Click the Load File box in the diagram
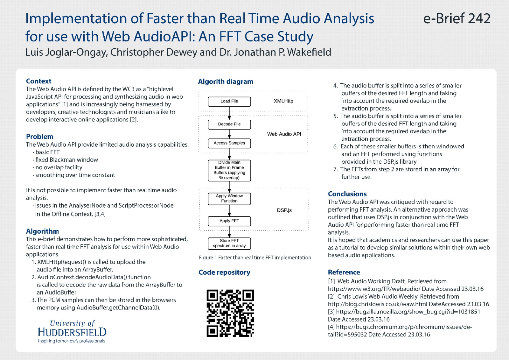[229, 102]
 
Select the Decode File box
[229, 124]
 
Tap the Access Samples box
[229, 143]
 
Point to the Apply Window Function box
[229, 199]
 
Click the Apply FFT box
[229, 221]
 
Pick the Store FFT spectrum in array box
[229, 243]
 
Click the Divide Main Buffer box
[229, 170]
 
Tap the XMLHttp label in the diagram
[283, 101]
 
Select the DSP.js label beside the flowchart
[284, 210]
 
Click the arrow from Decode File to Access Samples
[229, 134]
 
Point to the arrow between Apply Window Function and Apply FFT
[229, 210]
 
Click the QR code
[230, 313]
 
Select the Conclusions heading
[347, 194]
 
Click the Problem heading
[40, 137]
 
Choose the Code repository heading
[224, 272]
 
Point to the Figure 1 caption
[255, 258]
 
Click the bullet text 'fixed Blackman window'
[66, 160]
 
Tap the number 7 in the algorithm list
[335, 169]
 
